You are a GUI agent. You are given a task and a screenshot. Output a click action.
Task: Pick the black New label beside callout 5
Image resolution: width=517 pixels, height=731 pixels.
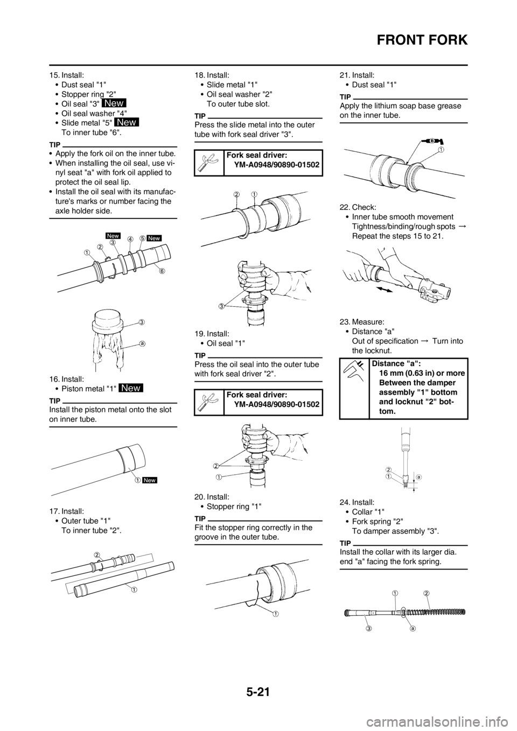click(155, 237)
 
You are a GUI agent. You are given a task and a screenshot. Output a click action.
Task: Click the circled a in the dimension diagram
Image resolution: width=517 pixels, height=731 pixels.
click(418, 476)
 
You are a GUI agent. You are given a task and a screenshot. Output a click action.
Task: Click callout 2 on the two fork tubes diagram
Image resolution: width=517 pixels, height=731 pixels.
click(97, 554)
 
